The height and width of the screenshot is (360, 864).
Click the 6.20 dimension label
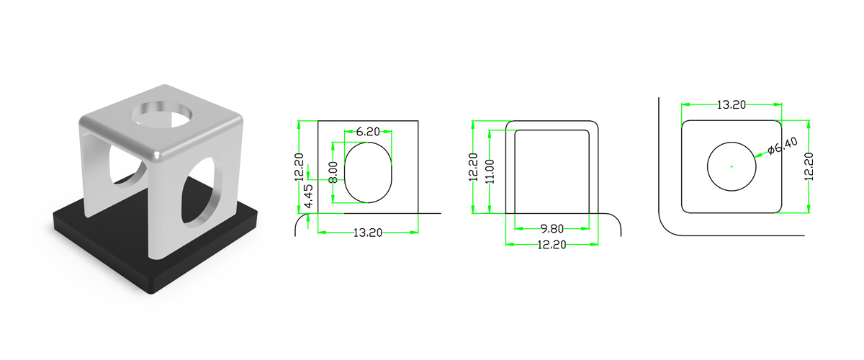[368, 132]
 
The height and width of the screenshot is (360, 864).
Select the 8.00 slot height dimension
[333, 172]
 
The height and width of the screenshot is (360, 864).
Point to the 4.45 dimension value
[310, 196]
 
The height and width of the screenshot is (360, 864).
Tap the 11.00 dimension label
[490, 171]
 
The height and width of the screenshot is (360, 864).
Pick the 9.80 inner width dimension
[552, 229]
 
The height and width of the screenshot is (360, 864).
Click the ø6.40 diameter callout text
[782, 146]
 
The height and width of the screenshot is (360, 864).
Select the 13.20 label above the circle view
[732, 104]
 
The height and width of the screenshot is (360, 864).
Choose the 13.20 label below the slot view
[368, 233]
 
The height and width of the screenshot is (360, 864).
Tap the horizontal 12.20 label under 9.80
[552, 245]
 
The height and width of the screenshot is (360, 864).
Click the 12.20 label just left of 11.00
[473, 167]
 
